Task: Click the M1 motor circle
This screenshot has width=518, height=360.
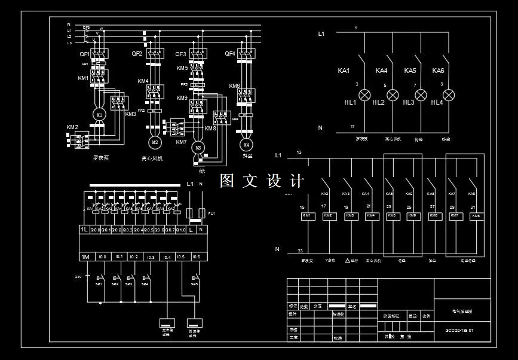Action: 99,114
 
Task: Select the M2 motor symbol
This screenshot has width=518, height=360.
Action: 155,142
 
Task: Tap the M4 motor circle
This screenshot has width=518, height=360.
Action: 246,145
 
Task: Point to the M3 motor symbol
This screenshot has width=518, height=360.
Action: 198,147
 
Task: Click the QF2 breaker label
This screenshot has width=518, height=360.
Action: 137,54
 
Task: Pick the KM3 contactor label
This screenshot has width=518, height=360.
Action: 130,114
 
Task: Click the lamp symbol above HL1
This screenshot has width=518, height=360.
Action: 364,94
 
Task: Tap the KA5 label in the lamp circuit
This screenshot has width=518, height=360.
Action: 410,71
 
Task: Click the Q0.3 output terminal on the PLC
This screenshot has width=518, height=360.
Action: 127,229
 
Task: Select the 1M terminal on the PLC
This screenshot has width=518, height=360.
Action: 85,257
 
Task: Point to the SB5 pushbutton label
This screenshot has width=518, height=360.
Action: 194,284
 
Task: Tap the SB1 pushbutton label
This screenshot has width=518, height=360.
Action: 99,284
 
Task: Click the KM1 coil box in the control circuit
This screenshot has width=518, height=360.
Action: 306,215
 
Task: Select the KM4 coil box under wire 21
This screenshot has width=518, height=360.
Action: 370,215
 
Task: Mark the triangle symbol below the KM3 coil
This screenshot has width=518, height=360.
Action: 347,261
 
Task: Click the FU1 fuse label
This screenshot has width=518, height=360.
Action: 212,213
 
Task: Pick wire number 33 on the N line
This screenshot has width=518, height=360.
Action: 300,251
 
